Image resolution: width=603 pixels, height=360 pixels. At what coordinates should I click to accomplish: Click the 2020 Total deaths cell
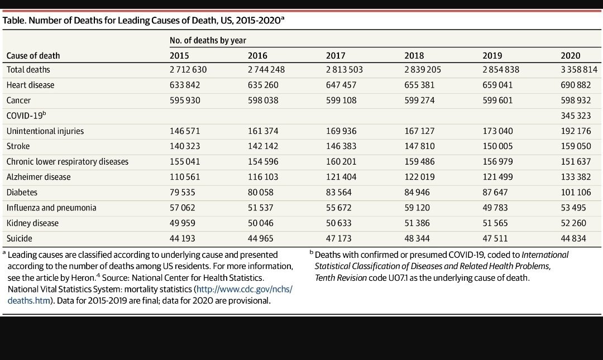click(x=579, y=70)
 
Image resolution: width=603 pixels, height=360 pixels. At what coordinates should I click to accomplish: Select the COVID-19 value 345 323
click(x=576, y=116)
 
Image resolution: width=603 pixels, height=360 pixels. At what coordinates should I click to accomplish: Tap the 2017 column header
click(x=336, y=56)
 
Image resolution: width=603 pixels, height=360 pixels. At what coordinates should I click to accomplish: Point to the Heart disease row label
click(x=30, y=85)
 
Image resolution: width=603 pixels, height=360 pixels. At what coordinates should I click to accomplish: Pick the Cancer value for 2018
click(x=419, y=100)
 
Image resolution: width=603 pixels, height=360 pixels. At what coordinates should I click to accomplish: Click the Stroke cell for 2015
click(x=185, y=146)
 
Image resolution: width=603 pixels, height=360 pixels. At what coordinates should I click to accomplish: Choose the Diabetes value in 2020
click(x=576, y=193)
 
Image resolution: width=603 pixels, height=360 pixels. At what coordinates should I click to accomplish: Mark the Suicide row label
click(x=19, y=238)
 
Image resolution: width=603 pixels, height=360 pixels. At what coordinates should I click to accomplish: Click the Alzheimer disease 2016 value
click(x=263, y=177)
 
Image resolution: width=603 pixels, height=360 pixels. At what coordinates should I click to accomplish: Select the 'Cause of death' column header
click(x=33, y=56)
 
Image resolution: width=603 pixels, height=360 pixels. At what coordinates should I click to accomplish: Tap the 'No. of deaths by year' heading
click(x=208, y=40)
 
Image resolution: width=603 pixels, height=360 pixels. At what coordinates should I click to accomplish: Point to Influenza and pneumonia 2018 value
click(x=417, y=208)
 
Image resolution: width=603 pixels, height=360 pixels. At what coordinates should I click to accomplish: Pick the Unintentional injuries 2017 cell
click(x=342, y=131)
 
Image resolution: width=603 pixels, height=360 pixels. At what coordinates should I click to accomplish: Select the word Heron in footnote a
click(x=83, y=278)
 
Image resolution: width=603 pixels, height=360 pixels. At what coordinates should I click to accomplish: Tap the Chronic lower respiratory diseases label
click(x=68, y=161)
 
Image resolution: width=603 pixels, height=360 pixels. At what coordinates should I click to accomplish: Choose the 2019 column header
click(x=492, y=56)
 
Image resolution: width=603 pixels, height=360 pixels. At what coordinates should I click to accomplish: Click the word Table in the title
click(x=14, y=21)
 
